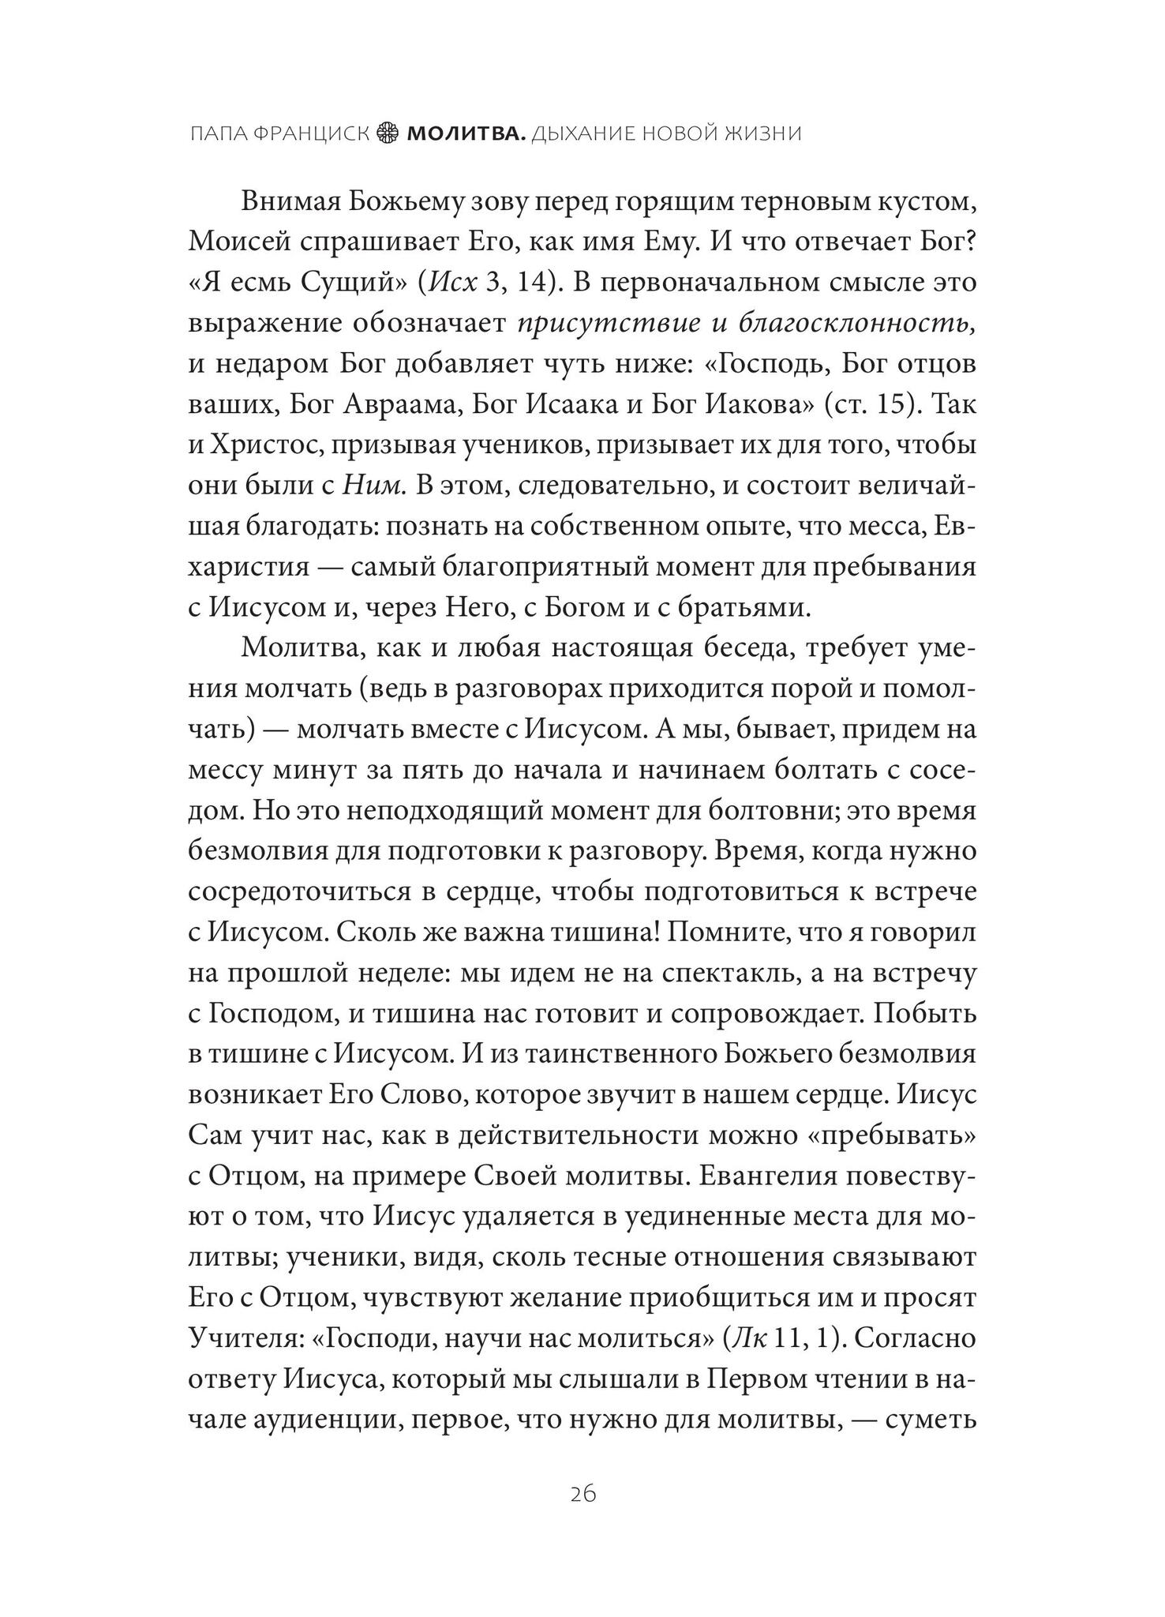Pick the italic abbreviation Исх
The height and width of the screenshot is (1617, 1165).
tap(454, 283)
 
